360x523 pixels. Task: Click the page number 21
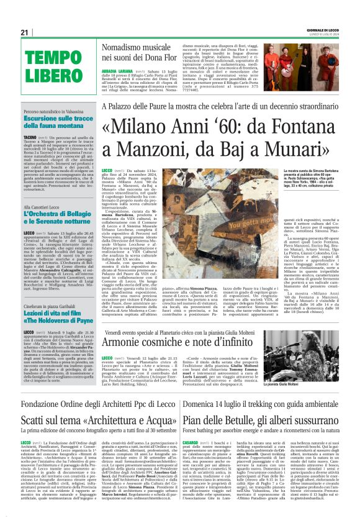(25, 32)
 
